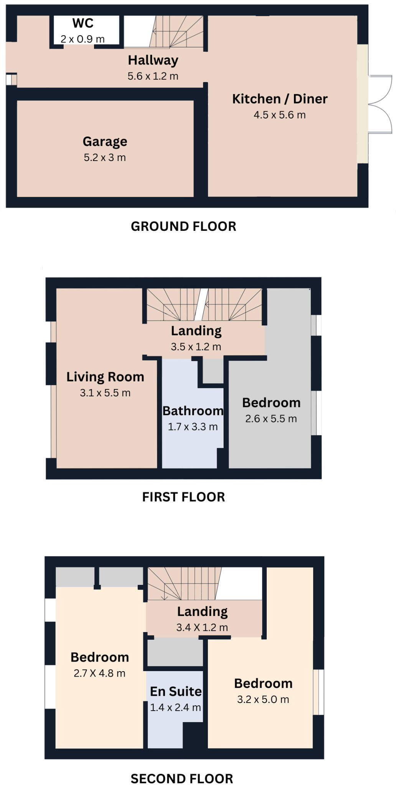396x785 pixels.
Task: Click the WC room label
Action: [83, 23]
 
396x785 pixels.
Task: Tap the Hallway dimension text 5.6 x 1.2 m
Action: [153, 76]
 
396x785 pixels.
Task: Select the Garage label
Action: [105, 141]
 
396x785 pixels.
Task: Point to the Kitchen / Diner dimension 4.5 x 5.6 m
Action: [279, 115]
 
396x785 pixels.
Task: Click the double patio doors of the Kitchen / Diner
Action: [380, 104]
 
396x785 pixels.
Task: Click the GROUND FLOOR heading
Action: [183, 226]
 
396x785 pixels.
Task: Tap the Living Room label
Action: [105, 377]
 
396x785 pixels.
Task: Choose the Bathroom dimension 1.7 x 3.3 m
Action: [193, 427]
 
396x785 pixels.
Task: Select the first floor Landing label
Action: [196, 331]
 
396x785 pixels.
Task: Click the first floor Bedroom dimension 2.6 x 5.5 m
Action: [271, 419]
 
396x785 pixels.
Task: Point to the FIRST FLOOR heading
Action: [183, 497]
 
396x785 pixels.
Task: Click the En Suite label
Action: [176, 691]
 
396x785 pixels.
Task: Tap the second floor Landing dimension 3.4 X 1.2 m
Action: [202, 627]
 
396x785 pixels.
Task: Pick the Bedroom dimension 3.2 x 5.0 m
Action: [263, 699]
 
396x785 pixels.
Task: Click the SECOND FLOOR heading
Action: [182, 778]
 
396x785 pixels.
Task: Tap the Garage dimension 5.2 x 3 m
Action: [105, 157]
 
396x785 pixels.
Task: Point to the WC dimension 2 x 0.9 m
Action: [82, 39]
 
